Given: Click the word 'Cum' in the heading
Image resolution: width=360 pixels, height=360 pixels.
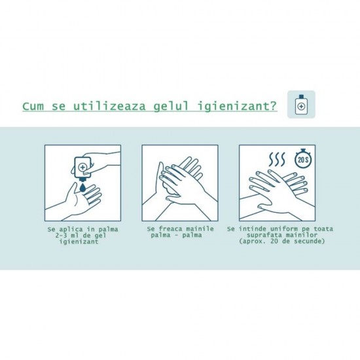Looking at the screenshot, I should coord(34,106).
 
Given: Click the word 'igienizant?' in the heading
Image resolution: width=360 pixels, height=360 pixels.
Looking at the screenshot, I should coord(237,106).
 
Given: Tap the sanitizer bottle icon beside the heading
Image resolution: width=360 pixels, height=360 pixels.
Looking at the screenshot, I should coord(301,104).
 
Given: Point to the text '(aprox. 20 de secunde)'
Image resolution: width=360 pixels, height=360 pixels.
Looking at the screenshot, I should coord(276,242).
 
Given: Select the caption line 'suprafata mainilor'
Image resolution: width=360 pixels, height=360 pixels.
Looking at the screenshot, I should coord(276,236).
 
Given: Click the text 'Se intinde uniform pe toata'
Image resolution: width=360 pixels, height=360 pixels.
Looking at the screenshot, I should coord(276,230).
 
